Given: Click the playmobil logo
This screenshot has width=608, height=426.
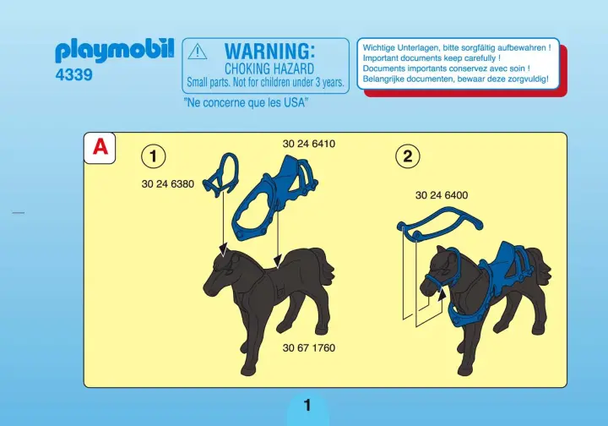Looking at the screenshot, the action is (115, 51).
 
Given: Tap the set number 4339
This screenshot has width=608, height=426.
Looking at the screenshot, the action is (73, 74).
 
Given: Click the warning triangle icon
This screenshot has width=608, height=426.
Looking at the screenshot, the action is (197, 52).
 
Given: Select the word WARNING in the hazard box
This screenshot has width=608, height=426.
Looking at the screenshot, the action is (269, 51).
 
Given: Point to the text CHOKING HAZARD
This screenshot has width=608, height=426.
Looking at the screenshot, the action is (269, 68).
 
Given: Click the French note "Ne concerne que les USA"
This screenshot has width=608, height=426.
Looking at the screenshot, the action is (246, 102).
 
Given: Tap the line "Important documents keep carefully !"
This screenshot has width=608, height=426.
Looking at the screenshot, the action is (432, 58).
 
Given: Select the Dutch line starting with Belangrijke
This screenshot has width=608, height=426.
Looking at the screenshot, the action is (456, 79).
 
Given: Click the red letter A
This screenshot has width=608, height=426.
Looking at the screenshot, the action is (100, 147).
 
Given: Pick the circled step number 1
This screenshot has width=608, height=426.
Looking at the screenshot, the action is (153, 156).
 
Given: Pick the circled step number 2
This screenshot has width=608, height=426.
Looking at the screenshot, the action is (407, 156).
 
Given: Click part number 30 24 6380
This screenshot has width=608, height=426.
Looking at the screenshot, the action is (167, 184).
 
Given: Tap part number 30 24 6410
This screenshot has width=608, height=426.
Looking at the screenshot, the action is (309, 144).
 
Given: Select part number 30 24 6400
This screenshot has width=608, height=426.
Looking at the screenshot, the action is (442, 195).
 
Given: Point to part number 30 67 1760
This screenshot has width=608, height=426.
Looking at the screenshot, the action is (309, 347).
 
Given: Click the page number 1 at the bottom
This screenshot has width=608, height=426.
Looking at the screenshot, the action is (307, 406).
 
